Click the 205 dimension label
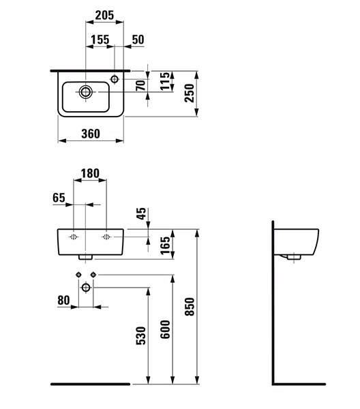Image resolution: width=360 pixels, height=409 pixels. [104, 15]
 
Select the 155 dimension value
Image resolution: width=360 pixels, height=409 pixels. [100, 40]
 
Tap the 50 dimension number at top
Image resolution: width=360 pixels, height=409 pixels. [138, 40]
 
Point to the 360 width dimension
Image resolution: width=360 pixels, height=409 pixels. [91, 134]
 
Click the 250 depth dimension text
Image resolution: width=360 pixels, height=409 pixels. [190, 93]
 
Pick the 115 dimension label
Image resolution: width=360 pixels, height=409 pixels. [165, 81]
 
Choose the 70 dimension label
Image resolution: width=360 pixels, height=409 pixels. [141, 85]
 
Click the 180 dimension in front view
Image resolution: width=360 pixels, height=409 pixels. [90, 173]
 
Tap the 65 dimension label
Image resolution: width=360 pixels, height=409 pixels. [59, 198]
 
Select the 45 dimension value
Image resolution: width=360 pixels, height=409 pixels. [142, 213]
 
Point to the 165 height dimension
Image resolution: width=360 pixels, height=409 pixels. [165, 245]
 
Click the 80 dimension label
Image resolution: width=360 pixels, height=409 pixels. [63, 300]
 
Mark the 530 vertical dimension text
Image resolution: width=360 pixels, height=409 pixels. [141, 335]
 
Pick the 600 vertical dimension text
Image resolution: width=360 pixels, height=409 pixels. [165, 329]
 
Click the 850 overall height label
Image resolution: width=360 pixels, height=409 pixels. [190, 307]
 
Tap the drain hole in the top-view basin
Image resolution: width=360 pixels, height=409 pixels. [85, 92]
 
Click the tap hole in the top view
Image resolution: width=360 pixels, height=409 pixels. [115, 79]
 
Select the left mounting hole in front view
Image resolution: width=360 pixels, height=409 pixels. [74, 237]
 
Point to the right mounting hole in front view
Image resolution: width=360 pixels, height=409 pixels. [106, 237]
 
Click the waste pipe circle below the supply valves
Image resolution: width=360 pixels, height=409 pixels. [86, 288]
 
